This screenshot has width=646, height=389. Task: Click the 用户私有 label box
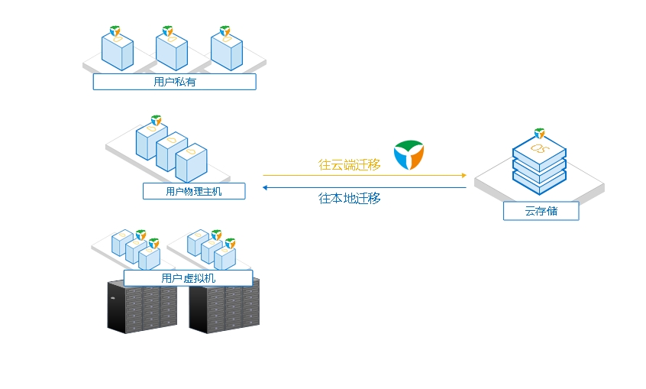[x=174, y=82]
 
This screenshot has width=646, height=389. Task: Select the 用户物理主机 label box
[x=194, y=191]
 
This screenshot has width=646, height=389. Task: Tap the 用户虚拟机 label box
[x=189, y=277]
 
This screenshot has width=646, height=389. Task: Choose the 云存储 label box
[x=541, y=211]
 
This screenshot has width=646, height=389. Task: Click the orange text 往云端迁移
[x=350, y=164]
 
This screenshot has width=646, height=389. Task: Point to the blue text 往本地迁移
[x=350, y=199]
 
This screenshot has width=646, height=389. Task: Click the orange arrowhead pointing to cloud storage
[x=464, y=175]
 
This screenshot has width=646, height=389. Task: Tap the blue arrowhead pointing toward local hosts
[x=265, y=188]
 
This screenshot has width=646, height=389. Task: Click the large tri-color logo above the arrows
[x=409, y=154]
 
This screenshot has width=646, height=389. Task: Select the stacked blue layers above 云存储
[x=539, y=165]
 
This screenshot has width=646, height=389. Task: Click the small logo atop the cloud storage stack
[x=539, y=133]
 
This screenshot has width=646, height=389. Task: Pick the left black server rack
[x=142, y=307]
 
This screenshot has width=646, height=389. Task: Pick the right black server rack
[x=224, y=306]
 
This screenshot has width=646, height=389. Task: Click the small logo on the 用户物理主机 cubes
[x=156, y=120]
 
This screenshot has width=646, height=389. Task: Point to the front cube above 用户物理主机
[x=191, y=163]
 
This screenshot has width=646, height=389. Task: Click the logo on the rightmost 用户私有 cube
[x=225, y=31]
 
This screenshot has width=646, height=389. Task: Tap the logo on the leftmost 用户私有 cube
[x=115, y=31]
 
